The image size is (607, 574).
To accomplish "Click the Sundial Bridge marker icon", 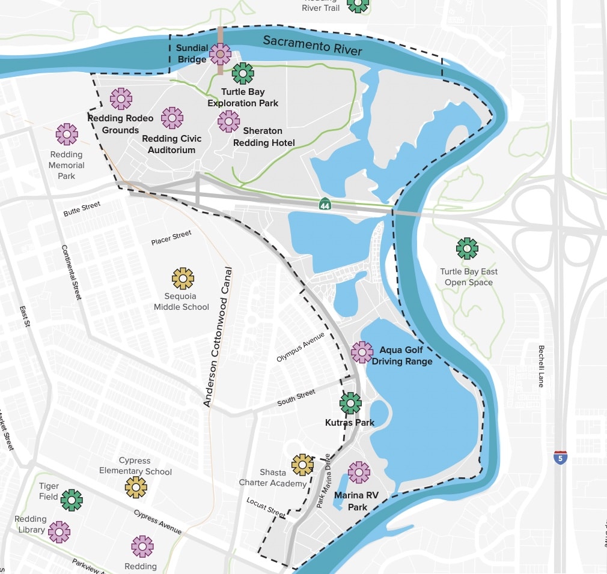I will point(221,55).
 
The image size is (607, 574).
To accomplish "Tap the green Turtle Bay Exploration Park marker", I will point(243,74).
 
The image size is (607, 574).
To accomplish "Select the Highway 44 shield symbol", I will point(325,204).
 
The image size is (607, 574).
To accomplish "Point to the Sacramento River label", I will point(313,46).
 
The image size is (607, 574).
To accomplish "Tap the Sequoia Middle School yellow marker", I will point(183,279).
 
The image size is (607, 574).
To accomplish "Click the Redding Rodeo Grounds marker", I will point(121,98).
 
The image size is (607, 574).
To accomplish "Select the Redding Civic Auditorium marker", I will point(172,118).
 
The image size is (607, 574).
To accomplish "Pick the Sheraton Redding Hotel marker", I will point(228,121).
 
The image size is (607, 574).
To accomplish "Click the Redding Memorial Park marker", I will point(67,134).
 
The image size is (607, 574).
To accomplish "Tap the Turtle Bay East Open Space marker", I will point(467,249).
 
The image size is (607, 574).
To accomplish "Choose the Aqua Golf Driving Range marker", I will point(362,352).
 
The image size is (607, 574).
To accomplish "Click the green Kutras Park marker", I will point(350,403).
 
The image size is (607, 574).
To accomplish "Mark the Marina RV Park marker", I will point(359,473).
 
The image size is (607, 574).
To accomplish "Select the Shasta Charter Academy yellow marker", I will point(302,465).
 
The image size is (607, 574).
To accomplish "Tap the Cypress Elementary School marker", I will point(136,488).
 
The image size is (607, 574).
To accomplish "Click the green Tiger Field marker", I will point(72,500).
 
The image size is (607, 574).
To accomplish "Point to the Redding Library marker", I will point(59,531).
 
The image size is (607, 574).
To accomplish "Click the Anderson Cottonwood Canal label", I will point(217,337).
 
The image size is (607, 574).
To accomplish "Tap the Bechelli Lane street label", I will point(541,366).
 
